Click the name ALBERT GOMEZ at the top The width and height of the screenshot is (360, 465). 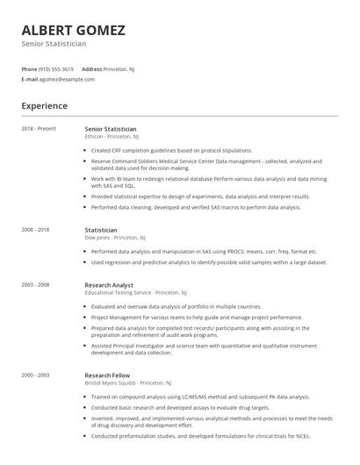click(x=73, y=30)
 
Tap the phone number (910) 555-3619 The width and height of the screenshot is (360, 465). click(x=56, y=68)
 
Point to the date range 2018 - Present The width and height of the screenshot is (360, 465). click(x=39, y=129)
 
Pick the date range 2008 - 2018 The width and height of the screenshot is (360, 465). click(x=36, y=230)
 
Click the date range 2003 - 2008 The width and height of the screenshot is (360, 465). click(x=36, y=284)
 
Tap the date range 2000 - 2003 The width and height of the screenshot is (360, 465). click(x=36, y=375)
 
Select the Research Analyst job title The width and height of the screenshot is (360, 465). click(x=108, y=284)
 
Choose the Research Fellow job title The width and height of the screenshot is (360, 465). click(x=106, y=375)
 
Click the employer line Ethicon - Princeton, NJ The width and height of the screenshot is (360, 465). click(x=112, y=137)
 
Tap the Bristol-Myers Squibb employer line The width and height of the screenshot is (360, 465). click(x=122, y=383)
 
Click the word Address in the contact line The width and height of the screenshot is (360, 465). click(x=92, y=68)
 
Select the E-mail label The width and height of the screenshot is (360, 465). click(x=29, y=79)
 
